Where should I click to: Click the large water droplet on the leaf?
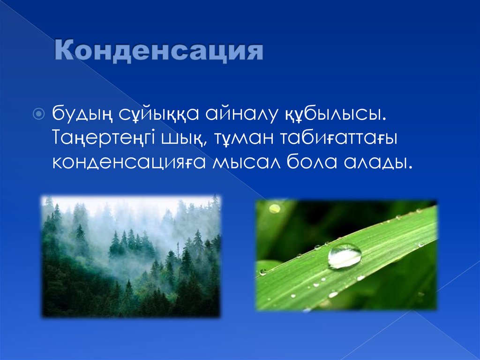[344, 256]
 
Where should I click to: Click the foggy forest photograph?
[131, 256]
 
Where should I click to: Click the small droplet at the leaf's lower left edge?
[263, 272]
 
